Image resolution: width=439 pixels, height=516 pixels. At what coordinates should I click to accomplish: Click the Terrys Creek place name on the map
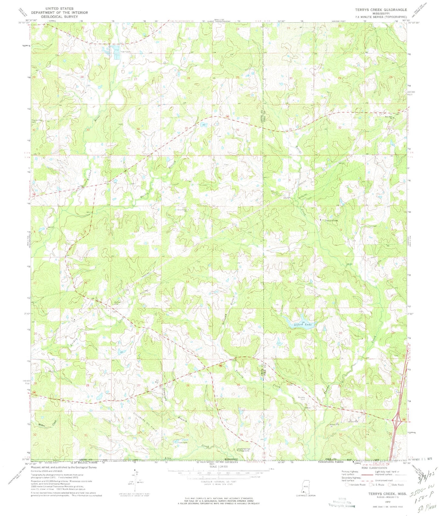tap(331, 220)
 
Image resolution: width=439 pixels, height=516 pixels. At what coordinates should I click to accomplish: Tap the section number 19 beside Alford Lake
tap(289, 332)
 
